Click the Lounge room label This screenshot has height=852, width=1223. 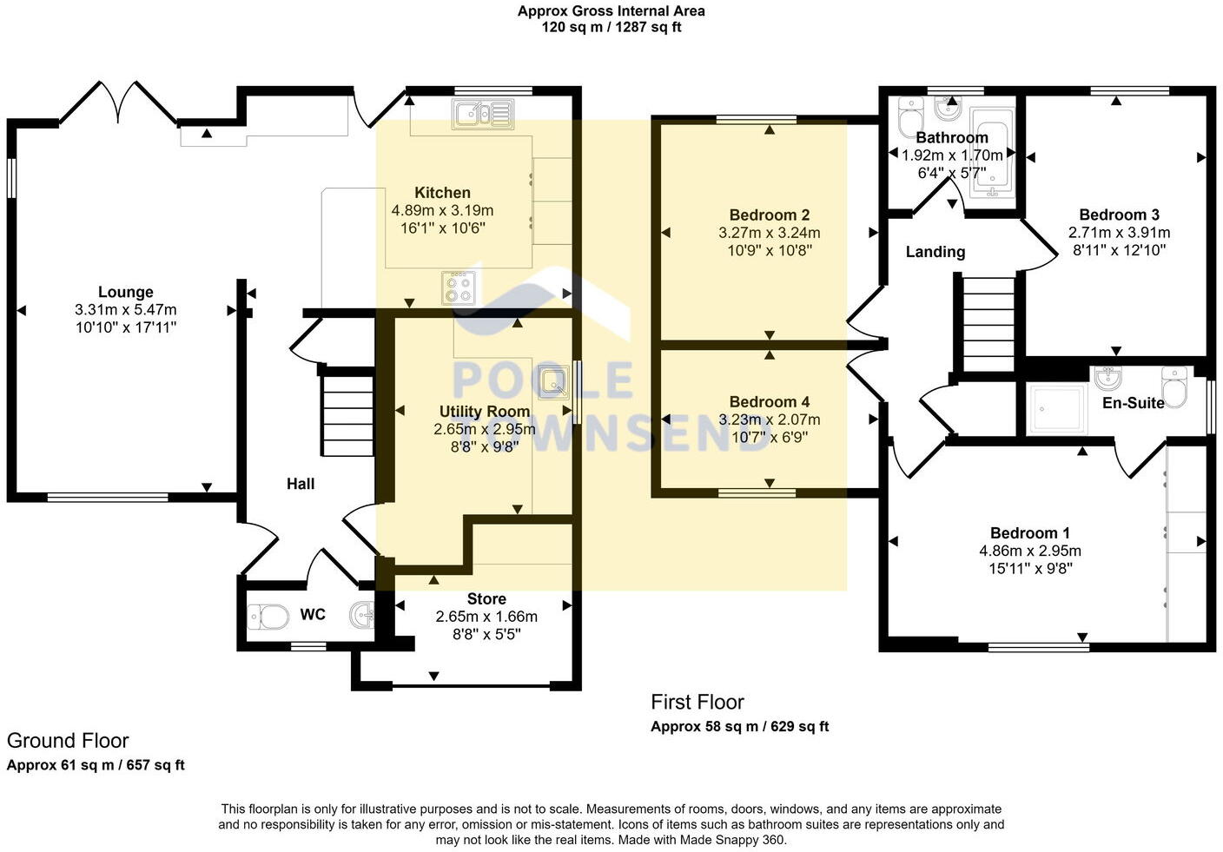(x=125, y=293)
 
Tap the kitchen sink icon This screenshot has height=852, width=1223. (x=483, y=113)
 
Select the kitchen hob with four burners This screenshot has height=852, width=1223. (x=459, y=287)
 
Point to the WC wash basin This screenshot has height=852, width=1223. (x=362, y=615)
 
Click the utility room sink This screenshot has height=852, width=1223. (x=552, y=380)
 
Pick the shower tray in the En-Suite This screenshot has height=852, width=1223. (x=1057, y=409)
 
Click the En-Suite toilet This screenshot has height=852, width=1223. (x=1174, y=387)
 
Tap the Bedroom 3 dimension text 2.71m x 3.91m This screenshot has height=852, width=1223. (x=1119, y=233)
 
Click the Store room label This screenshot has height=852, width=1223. (x=486, y=599)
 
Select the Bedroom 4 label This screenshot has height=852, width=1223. (x=769, y=402)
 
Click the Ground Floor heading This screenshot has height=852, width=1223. (x=68, y=741)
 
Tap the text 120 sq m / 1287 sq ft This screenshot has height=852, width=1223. (x=611, y=27)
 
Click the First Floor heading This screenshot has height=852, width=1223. (x=697, y=702)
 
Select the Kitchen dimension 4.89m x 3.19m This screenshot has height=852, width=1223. (x=442, y=210)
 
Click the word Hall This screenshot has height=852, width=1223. (x=301, y=484)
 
